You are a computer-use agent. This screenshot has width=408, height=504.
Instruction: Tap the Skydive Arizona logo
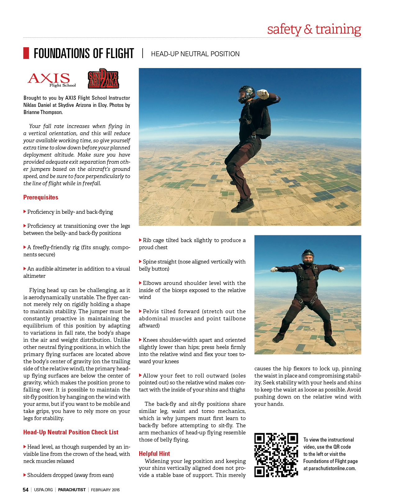(103, 79)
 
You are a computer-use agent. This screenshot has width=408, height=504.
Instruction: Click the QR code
(276, 455)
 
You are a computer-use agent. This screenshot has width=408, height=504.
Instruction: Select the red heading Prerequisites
(41, 197)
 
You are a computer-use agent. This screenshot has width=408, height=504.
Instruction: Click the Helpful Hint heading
(154, 454)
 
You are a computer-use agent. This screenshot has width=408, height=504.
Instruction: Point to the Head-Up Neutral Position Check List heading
(71, 432)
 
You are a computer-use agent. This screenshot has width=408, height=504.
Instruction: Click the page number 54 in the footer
(25, 490)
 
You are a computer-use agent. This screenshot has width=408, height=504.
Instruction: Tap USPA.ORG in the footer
(44, 490)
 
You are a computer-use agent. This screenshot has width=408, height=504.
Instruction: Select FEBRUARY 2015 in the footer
(105, 490)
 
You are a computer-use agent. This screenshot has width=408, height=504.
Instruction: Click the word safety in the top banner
(284, 29)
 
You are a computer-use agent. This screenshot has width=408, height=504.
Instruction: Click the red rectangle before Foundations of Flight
(26, 53)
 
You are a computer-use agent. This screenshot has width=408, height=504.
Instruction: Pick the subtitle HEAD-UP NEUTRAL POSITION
(195, 54)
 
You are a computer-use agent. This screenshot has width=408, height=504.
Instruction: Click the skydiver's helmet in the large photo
(246, 93)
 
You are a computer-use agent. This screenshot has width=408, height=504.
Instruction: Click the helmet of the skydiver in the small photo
(308, 256)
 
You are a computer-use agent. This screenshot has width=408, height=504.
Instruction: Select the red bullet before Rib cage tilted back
(140, 240)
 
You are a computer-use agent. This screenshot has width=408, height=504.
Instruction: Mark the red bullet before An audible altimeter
(25, 268)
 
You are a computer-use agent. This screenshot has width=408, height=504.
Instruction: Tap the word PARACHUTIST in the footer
(72, 490)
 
